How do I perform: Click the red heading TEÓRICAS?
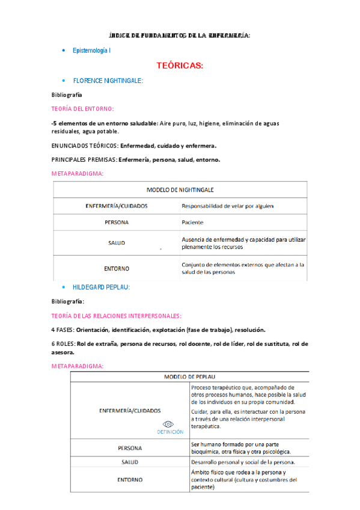(x=180, y=65)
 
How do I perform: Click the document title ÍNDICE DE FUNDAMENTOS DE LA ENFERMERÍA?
(x=179, y=36)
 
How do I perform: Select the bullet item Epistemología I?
(x=91, y=51)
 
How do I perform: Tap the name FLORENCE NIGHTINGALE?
(x=108, y=81)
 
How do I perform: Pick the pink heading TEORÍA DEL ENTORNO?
(x=82, y=108)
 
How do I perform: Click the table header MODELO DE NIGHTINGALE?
(x=180, y=189)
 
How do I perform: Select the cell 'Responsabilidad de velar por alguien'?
(x=227, y=206)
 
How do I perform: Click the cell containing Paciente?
(x=193, y=222)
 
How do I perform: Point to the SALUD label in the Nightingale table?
(x=117, y=242)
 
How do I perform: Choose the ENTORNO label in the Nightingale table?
(x=117, y=268)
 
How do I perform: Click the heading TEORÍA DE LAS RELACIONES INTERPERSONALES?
(x=117, y=316)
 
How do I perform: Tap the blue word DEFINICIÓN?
(x=170, y=432)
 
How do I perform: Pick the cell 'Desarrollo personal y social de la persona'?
(x=243, y=462)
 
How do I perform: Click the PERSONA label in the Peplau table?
(x=130, y=448)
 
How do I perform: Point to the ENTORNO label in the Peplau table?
(x=130, y=480)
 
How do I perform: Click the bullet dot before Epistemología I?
(x=64, y=51)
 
